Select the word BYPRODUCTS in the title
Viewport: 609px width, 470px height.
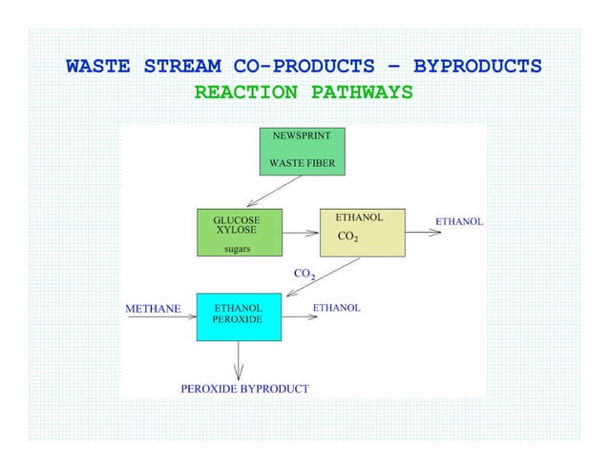coord(478,68)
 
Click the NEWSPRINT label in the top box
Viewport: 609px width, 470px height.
coord(302,136)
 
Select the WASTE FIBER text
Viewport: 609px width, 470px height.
coord(302,162)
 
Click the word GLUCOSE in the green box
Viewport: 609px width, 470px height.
coord(236,219)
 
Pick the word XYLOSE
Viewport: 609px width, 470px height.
coord(236,231)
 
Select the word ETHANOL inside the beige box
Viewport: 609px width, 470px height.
coord(359,217)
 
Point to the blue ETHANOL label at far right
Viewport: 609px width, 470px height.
coord(458,221)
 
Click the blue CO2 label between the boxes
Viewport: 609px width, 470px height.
coord(304,275)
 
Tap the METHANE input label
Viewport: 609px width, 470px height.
coord(154,309)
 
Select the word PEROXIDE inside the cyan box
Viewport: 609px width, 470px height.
coord(237,320)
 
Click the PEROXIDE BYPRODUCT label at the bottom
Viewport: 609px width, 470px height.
coord(244,389)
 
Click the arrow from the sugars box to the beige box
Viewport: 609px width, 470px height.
coord(301,232)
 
